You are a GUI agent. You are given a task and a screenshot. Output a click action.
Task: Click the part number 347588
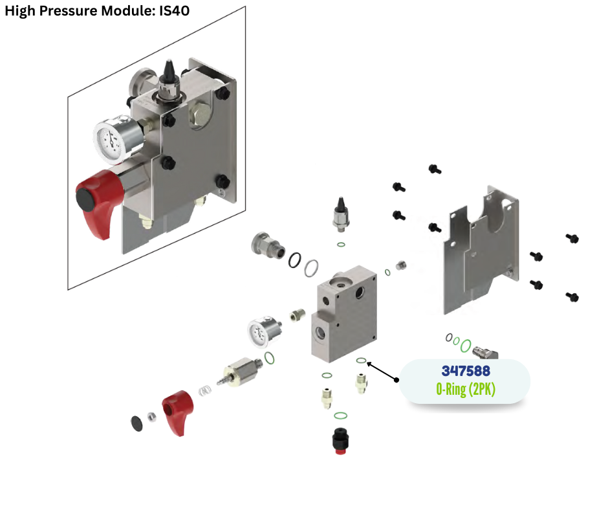point(465,371)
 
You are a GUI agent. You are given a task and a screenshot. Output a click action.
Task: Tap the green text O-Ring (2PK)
point(465,390)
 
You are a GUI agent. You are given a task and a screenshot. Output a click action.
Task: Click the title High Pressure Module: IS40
point(97,11)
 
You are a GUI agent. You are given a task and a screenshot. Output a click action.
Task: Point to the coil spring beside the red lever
point(206,390)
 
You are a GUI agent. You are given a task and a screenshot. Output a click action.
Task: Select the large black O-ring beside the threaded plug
point(294,259)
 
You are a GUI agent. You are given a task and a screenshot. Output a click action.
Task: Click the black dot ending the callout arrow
point(397,381)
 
